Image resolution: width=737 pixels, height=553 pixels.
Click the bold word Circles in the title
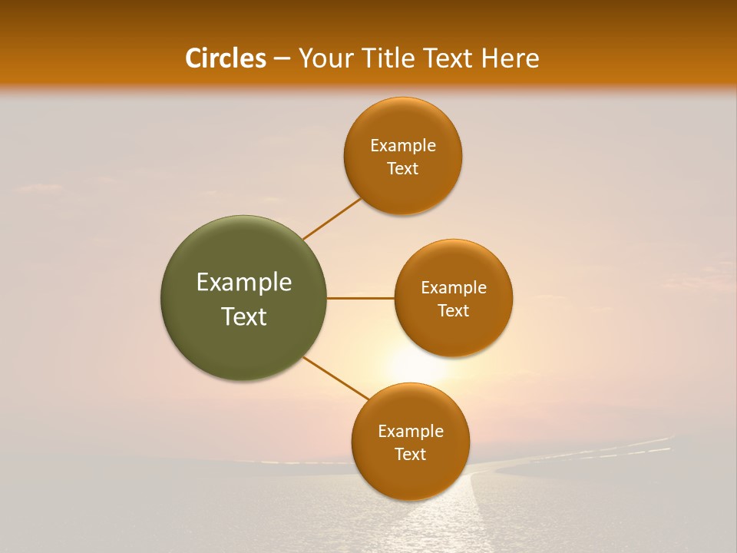tap(226, 58)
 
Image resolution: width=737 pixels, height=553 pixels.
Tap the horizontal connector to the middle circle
tap(361, 298)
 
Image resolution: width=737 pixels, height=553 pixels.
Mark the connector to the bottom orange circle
tap(335, 377)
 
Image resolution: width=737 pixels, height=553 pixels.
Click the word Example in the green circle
tap(244, 283)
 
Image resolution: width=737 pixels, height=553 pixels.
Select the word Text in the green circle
tap(244, 316)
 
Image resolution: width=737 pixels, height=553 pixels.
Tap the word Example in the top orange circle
tap(403, 146)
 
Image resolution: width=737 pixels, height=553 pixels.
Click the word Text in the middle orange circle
tap(454, 311)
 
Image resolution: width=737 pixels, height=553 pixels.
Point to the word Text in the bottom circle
tap(411, 455)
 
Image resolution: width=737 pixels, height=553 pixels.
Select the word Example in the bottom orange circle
tap(411, 432)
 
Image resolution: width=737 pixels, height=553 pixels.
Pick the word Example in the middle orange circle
tap(454, 288)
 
